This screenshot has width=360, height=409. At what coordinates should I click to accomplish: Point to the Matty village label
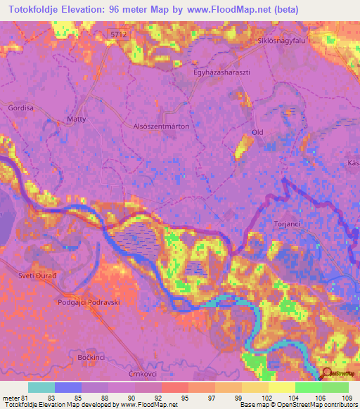tap(76, 119)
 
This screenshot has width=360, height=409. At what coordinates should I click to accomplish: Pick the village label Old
tap(257, 132)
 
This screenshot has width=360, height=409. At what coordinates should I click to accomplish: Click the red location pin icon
tap(325, 373)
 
